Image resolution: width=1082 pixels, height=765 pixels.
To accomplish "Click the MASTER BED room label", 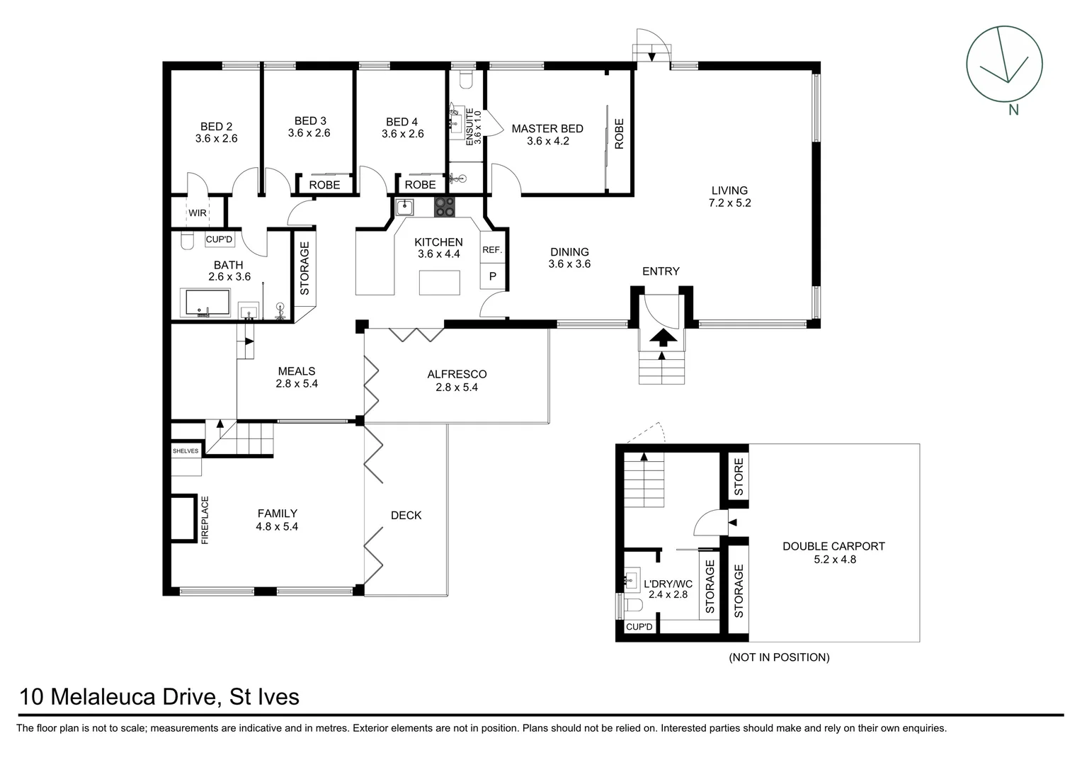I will tap(547, 129).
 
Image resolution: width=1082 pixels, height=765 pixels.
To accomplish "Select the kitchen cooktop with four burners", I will tap(445, 207).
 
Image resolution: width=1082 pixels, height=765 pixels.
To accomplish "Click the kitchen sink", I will tap(404, 208).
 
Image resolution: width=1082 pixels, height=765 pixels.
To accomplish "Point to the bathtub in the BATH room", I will tap(207, 303).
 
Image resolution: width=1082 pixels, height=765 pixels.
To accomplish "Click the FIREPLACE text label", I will tap(205, 520).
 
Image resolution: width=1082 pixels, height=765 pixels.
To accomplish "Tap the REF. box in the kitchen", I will tap(492, 250).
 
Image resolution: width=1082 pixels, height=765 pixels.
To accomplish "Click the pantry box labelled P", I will tap(493, 276).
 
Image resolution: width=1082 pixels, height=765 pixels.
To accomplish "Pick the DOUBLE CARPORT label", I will tap(833, 546).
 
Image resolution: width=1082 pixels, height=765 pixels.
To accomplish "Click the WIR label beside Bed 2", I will tap(198, 212).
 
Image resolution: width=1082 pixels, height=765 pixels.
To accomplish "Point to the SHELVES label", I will tap(186, 450).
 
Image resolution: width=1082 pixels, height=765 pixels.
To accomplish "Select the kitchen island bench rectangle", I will tap(439, 283).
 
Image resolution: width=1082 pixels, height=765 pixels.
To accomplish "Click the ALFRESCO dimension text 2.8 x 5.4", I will tap(457, 387).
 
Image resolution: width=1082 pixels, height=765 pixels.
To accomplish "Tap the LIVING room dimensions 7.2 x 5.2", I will tap(729, 203).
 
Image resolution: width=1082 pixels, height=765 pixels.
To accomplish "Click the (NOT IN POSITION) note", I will tap(779, 657).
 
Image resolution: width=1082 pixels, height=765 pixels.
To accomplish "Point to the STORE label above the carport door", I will tap(739, 477).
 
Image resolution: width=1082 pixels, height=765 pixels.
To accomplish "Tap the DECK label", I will tap(406, 516).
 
